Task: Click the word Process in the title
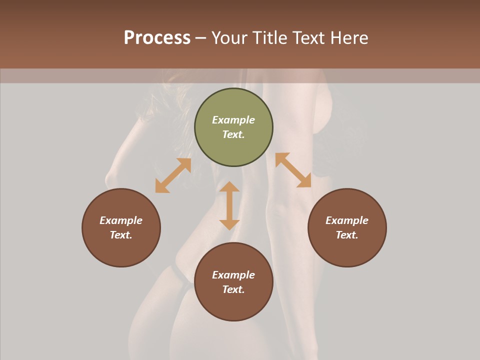click(x=157, y=38)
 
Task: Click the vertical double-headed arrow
click(x=229, y=205)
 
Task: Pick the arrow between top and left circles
click(x=173, y=175)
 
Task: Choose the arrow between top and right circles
click(x=293, y=170)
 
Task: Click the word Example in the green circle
click(x=233, y=120)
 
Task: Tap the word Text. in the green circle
click(x=233, y=134)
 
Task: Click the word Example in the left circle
click(x=121, y=220)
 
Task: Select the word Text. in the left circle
click(x=121, y=235)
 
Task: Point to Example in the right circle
click(x=347, y=220)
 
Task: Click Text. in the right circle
click(x=347, y=235)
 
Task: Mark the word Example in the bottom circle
click(x=233, y=275)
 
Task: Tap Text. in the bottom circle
click(x=233, y=289)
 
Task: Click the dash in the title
click(x=201, y=38)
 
